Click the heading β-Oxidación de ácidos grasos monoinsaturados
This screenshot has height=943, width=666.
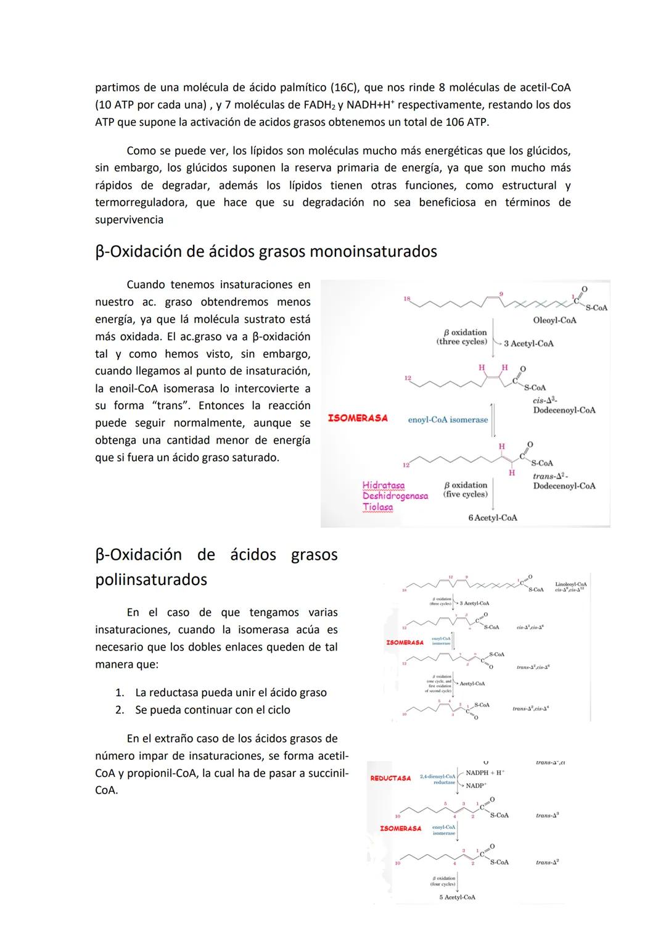click(x=266, y=252)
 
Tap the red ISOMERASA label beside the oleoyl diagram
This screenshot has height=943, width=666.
click(x=358, y=418)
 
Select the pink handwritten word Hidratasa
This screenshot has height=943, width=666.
click(x=384, y=486)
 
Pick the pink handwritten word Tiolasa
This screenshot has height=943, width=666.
click(x=377, y=507)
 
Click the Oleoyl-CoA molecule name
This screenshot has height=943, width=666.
click(x=554, y=320)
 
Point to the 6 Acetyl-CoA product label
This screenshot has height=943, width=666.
click(x=492, y=518)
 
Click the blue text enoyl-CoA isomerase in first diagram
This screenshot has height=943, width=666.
click(x=448, y=420)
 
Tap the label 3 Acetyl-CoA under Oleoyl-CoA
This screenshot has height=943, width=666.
click(x=528, y=344)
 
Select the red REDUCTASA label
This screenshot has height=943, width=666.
click(x=390, y=778)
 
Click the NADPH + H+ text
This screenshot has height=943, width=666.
click(x=485, y=773)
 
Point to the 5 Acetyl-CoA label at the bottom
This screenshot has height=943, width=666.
click(x=457, y=897)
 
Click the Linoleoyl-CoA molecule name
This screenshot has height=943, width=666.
click(x=570, y=584)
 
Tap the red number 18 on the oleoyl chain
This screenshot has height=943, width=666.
click(x=406, y=299)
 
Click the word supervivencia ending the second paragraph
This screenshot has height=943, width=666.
click(x=129, y=220)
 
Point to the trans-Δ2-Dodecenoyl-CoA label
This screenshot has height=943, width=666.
click(x=564, y=481)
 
